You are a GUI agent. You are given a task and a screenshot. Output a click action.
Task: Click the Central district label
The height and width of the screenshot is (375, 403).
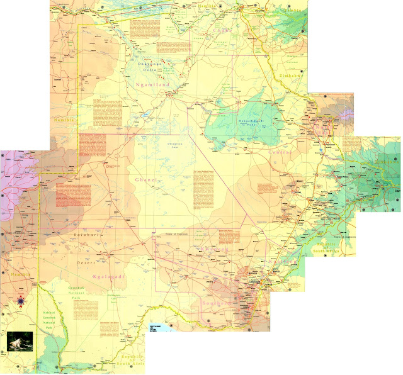281,152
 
